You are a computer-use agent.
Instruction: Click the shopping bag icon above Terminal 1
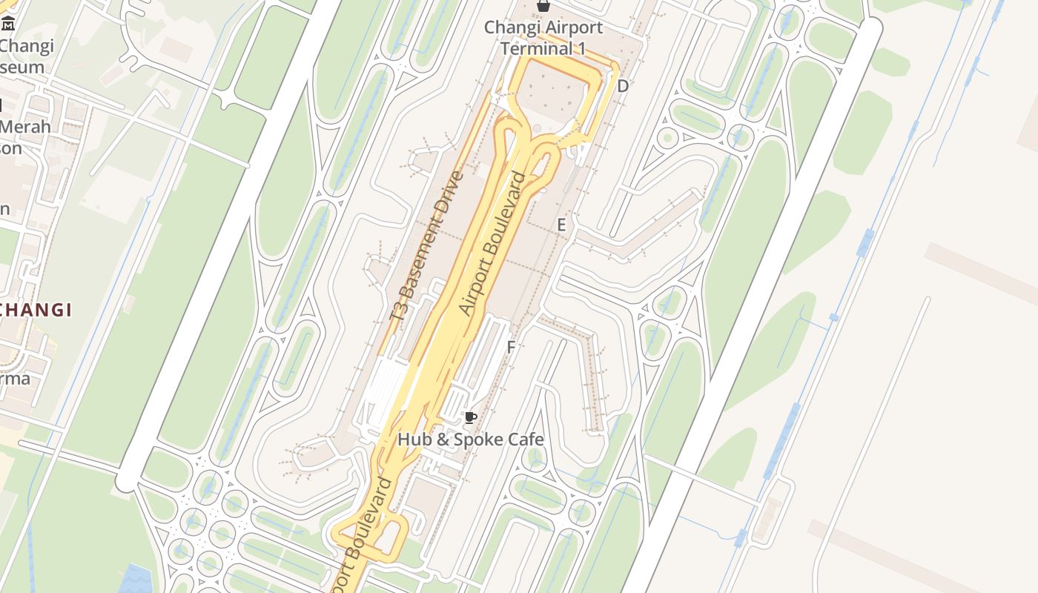click(x=543, y=6)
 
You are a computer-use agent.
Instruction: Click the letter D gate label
click(x=623, y=86)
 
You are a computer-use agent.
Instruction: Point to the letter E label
click(x=561, y=225)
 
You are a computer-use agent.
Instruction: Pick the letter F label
click(x=511, y=347)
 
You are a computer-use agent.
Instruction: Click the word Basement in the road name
click(x=420, y=259)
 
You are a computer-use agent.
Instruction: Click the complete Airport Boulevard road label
click(x=492, y=244)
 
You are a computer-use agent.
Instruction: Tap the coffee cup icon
click(x=470, y=418)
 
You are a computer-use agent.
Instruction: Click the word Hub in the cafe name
click(x=414, y=440)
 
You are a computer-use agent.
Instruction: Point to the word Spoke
click(x=475, y=440)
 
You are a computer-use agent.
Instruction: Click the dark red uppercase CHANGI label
click(x=36, y=310)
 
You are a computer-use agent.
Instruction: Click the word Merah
click(x=25, y=127)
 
